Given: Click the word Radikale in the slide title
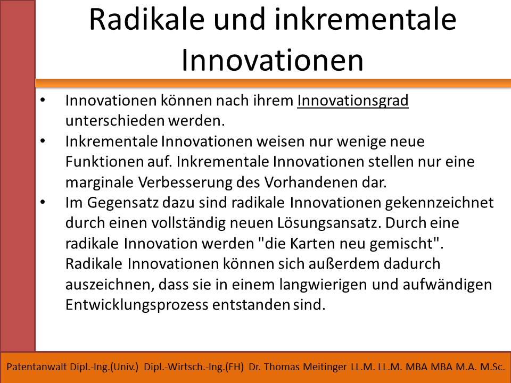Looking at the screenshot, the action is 147,20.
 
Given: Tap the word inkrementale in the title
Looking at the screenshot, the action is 365,20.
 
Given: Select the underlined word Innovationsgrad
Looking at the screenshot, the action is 352,101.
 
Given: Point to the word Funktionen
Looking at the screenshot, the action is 104,162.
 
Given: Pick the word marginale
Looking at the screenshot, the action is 99,182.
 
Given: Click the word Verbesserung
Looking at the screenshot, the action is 185,182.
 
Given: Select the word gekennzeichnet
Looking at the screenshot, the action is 439,203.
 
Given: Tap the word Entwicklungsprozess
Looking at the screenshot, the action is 137,305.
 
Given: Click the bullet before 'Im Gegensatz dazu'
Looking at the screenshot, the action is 43,202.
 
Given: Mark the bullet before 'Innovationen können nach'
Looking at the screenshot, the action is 43,101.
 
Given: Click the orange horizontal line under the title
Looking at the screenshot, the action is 273,83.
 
